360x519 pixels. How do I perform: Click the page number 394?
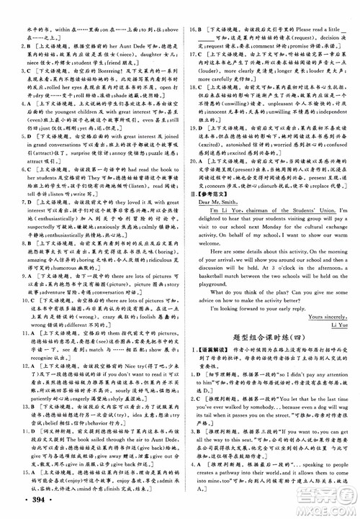(22, 499)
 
